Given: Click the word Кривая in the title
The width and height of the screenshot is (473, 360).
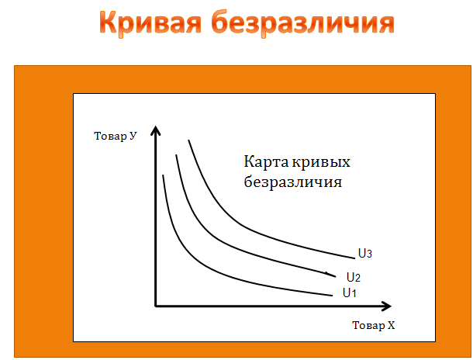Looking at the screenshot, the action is [150, 23].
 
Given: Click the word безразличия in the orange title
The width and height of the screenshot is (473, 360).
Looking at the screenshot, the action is [303, 23].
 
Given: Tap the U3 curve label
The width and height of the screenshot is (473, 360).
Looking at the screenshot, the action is [365, 254].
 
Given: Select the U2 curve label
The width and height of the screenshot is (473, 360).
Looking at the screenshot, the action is [354, 277].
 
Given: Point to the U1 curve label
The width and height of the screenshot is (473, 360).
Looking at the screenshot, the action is [349, 292].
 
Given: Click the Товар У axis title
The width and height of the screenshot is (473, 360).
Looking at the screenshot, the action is [116, 136].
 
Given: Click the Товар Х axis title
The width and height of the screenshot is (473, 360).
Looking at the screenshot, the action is [374, 325].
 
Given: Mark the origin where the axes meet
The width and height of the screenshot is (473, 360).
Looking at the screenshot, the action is [156, 306].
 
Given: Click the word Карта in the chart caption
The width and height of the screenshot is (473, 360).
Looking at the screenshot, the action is [266, 161].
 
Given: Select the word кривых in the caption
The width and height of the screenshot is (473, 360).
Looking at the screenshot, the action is [321, 163].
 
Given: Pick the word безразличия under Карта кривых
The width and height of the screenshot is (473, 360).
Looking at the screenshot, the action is [293, 182].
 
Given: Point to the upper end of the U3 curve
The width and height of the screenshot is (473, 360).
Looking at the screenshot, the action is [189, 140].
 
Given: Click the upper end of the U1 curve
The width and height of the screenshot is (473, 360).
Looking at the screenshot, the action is [163, 175].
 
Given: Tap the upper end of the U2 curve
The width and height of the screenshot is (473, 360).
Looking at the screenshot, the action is [176, 155].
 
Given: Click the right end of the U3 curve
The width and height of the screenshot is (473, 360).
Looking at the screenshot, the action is [355, 258].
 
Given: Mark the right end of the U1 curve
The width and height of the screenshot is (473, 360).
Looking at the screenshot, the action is [333, 296].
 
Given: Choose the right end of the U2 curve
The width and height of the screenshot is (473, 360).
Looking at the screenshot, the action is [336, 276].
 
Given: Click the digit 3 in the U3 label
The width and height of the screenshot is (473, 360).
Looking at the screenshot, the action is [369, 254].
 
